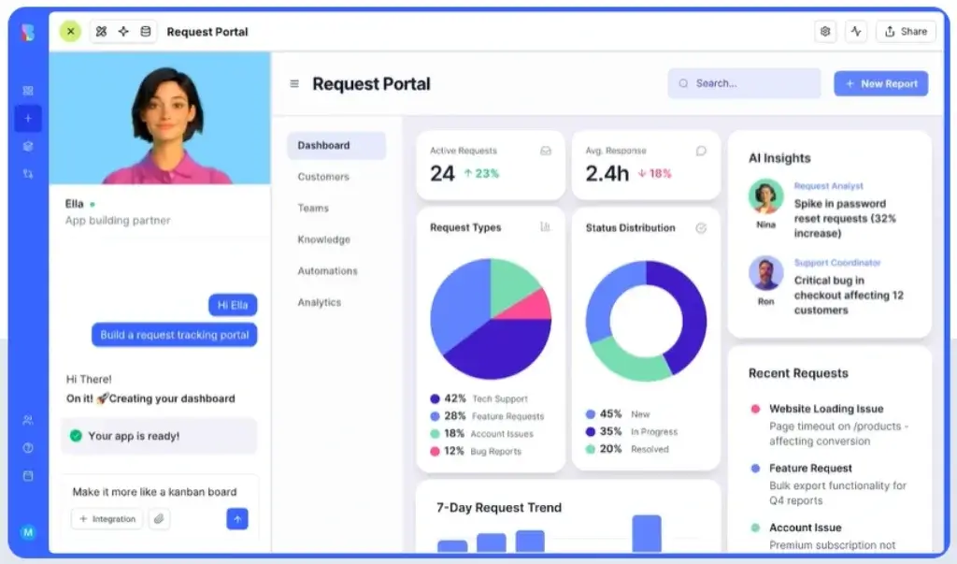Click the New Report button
[880, 83]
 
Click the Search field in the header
[744, 83]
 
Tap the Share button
[906, 31]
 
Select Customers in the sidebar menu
[323, 177]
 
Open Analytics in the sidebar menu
[320, 302]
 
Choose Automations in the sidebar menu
[327, 271]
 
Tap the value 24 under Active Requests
[442, 173]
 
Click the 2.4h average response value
[607, 173]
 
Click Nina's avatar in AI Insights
[765, 196]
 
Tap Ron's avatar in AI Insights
[765, 273]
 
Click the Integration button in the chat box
[107, 519]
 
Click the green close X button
[70, 31]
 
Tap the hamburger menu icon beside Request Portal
[294, 83]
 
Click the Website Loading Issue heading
[825, 409]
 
